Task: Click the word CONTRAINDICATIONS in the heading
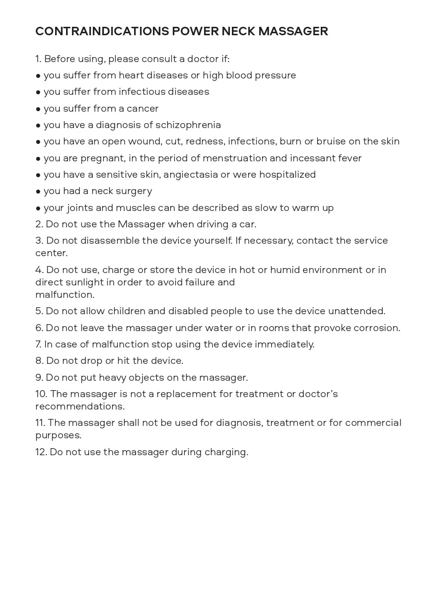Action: [x=102, y=31]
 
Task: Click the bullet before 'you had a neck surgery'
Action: [x=38, y=192]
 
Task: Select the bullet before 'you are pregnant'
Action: [x=38, y=158]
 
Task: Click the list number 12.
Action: [x=41, y=452]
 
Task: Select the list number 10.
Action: [x=41, y=394]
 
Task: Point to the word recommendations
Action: [x=79, y=407]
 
